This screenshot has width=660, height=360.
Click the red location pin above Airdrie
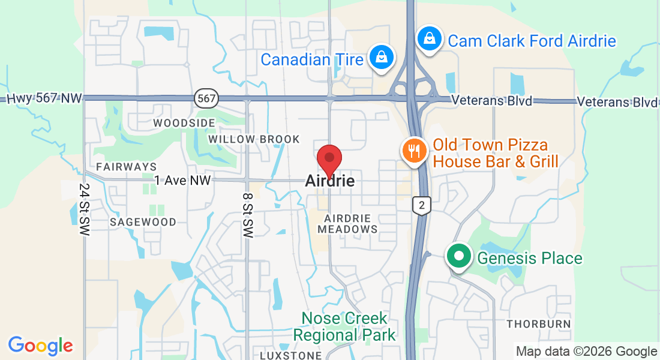point(329,158)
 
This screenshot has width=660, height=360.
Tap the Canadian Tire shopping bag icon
point(381,58)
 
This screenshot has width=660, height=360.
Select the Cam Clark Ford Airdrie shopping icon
point(430,38)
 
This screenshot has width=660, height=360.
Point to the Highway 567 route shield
point(206,98)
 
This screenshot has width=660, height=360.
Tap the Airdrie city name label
point(329,180)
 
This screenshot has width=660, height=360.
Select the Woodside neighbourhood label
point(184,123)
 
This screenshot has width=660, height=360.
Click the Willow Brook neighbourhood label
point(254,139)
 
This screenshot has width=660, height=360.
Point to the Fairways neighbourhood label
point(126,166)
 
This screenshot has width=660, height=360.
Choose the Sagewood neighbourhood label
point(143,222)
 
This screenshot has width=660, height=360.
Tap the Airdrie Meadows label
point(348,223)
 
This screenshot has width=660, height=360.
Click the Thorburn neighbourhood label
point(538,324)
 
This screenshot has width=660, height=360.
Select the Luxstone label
point(290,355)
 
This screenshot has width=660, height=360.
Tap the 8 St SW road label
point(247,214)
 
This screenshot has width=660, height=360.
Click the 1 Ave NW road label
point(182,180)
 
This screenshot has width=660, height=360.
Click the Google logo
point(40,346)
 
